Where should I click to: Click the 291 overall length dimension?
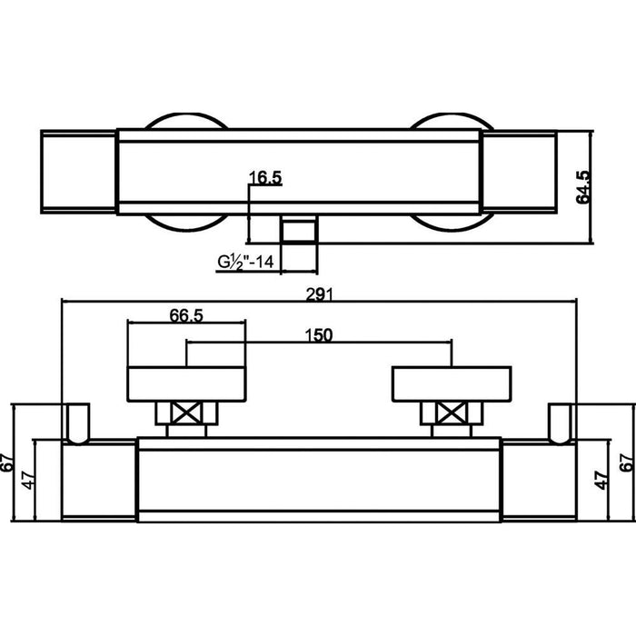pos(319,293)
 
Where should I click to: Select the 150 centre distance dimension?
pos(319,334)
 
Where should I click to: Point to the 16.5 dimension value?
pos(264,178)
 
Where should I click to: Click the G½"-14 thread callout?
pos(244,263)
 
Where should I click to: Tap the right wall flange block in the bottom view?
pos(541,482)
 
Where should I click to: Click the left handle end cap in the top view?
pos(79,173)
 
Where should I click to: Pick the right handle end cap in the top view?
pos(518,173)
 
